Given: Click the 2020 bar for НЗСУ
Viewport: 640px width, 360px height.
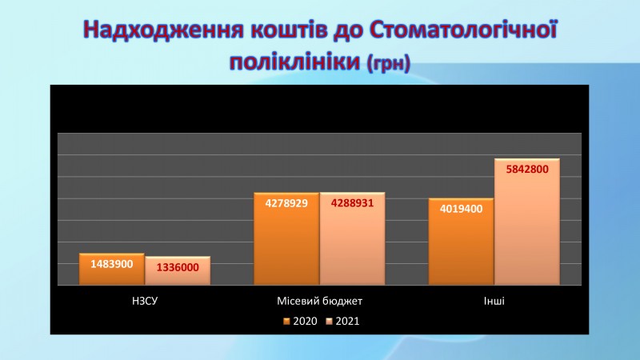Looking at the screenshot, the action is point(111,269).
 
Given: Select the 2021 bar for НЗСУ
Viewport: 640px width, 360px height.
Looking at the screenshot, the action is point(178,270).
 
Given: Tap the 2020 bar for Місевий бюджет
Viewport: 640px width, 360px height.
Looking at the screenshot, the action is point(286,238).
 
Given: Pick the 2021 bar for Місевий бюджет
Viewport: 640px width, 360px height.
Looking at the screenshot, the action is point(352,238).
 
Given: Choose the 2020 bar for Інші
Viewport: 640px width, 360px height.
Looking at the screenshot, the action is point(461,242).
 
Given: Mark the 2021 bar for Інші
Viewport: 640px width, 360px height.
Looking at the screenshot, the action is point(527,222).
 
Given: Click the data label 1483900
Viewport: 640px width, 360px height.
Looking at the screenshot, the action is point(112,264).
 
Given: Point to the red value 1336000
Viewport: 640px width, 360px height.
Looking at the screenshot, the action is point(178,267).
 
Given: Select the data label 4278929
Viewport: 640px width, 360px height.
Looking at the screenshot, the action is point(286,203).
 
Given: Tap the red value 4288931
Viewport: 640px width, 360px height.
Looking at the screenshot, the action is point(352,203).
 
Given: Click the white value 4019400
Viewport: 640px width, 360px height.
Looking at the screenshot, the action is point(462,209).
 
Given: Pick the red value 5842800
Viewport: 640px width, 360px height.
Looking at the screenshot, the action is point(527,169).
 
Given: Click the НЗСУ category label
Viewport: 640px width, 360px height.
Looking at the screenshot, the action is point(145,301).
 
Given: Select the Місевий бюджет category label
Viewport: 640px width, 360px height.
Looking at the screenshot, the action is point(319,302).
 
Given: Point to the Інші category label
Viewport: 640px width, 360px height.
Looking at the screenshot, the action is point(494,301).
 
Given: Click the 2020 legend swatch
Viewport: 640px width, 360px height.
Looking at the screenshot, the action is point(286,322).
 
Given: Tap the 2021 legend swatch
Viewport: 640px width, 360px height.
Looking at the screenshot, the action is point(329,322).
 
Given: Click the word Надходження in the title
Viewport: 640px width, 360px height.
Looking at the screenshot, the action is point(163,30).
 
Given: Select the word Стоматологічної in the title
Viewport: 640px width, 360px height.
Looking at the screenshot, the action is point(463,29).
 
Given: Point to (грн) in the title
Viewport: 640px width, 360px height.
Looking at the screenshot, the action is point(389,63).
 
